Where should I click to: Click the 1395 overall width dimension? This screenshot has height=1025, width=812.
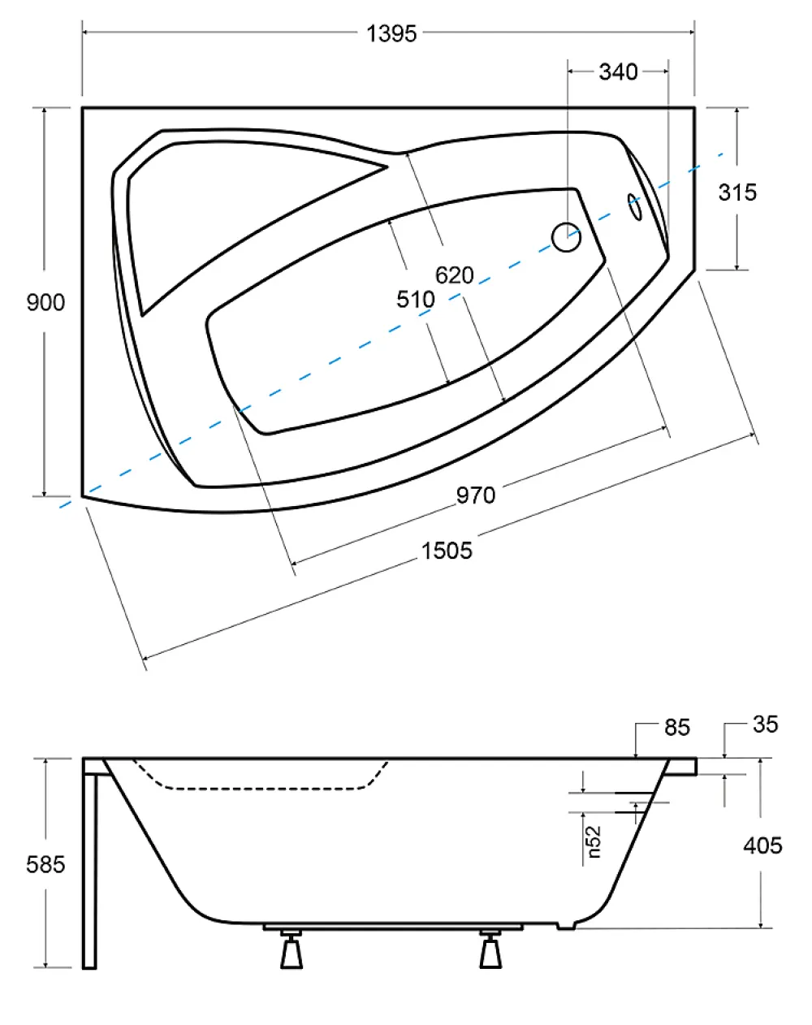(x=391, y=34)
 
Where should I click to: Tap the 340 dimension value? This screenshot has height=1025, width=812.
(x=618, y=72)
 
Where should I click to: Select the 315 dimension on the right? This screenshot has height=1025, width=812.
(x=737, y=192)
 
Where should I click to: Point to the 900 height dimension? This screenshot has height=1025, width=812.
(x=45, y=302)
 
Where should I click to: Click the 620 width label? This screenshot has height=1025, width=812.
(x=455, y=275)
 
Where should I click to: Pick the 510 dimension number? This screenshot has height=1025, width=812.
(x=415, y=300)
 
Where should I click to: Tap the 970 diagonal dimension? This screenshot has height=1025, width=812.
(x=476, y=495)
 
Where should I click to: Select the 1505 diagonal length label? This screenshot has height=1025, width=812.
(x=447, y=551)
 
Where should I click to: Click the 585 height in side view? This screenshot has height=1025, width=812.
(x=45, y=864)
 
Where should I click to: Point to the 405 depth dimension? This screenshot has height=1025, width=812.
(x=762, y=846)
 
